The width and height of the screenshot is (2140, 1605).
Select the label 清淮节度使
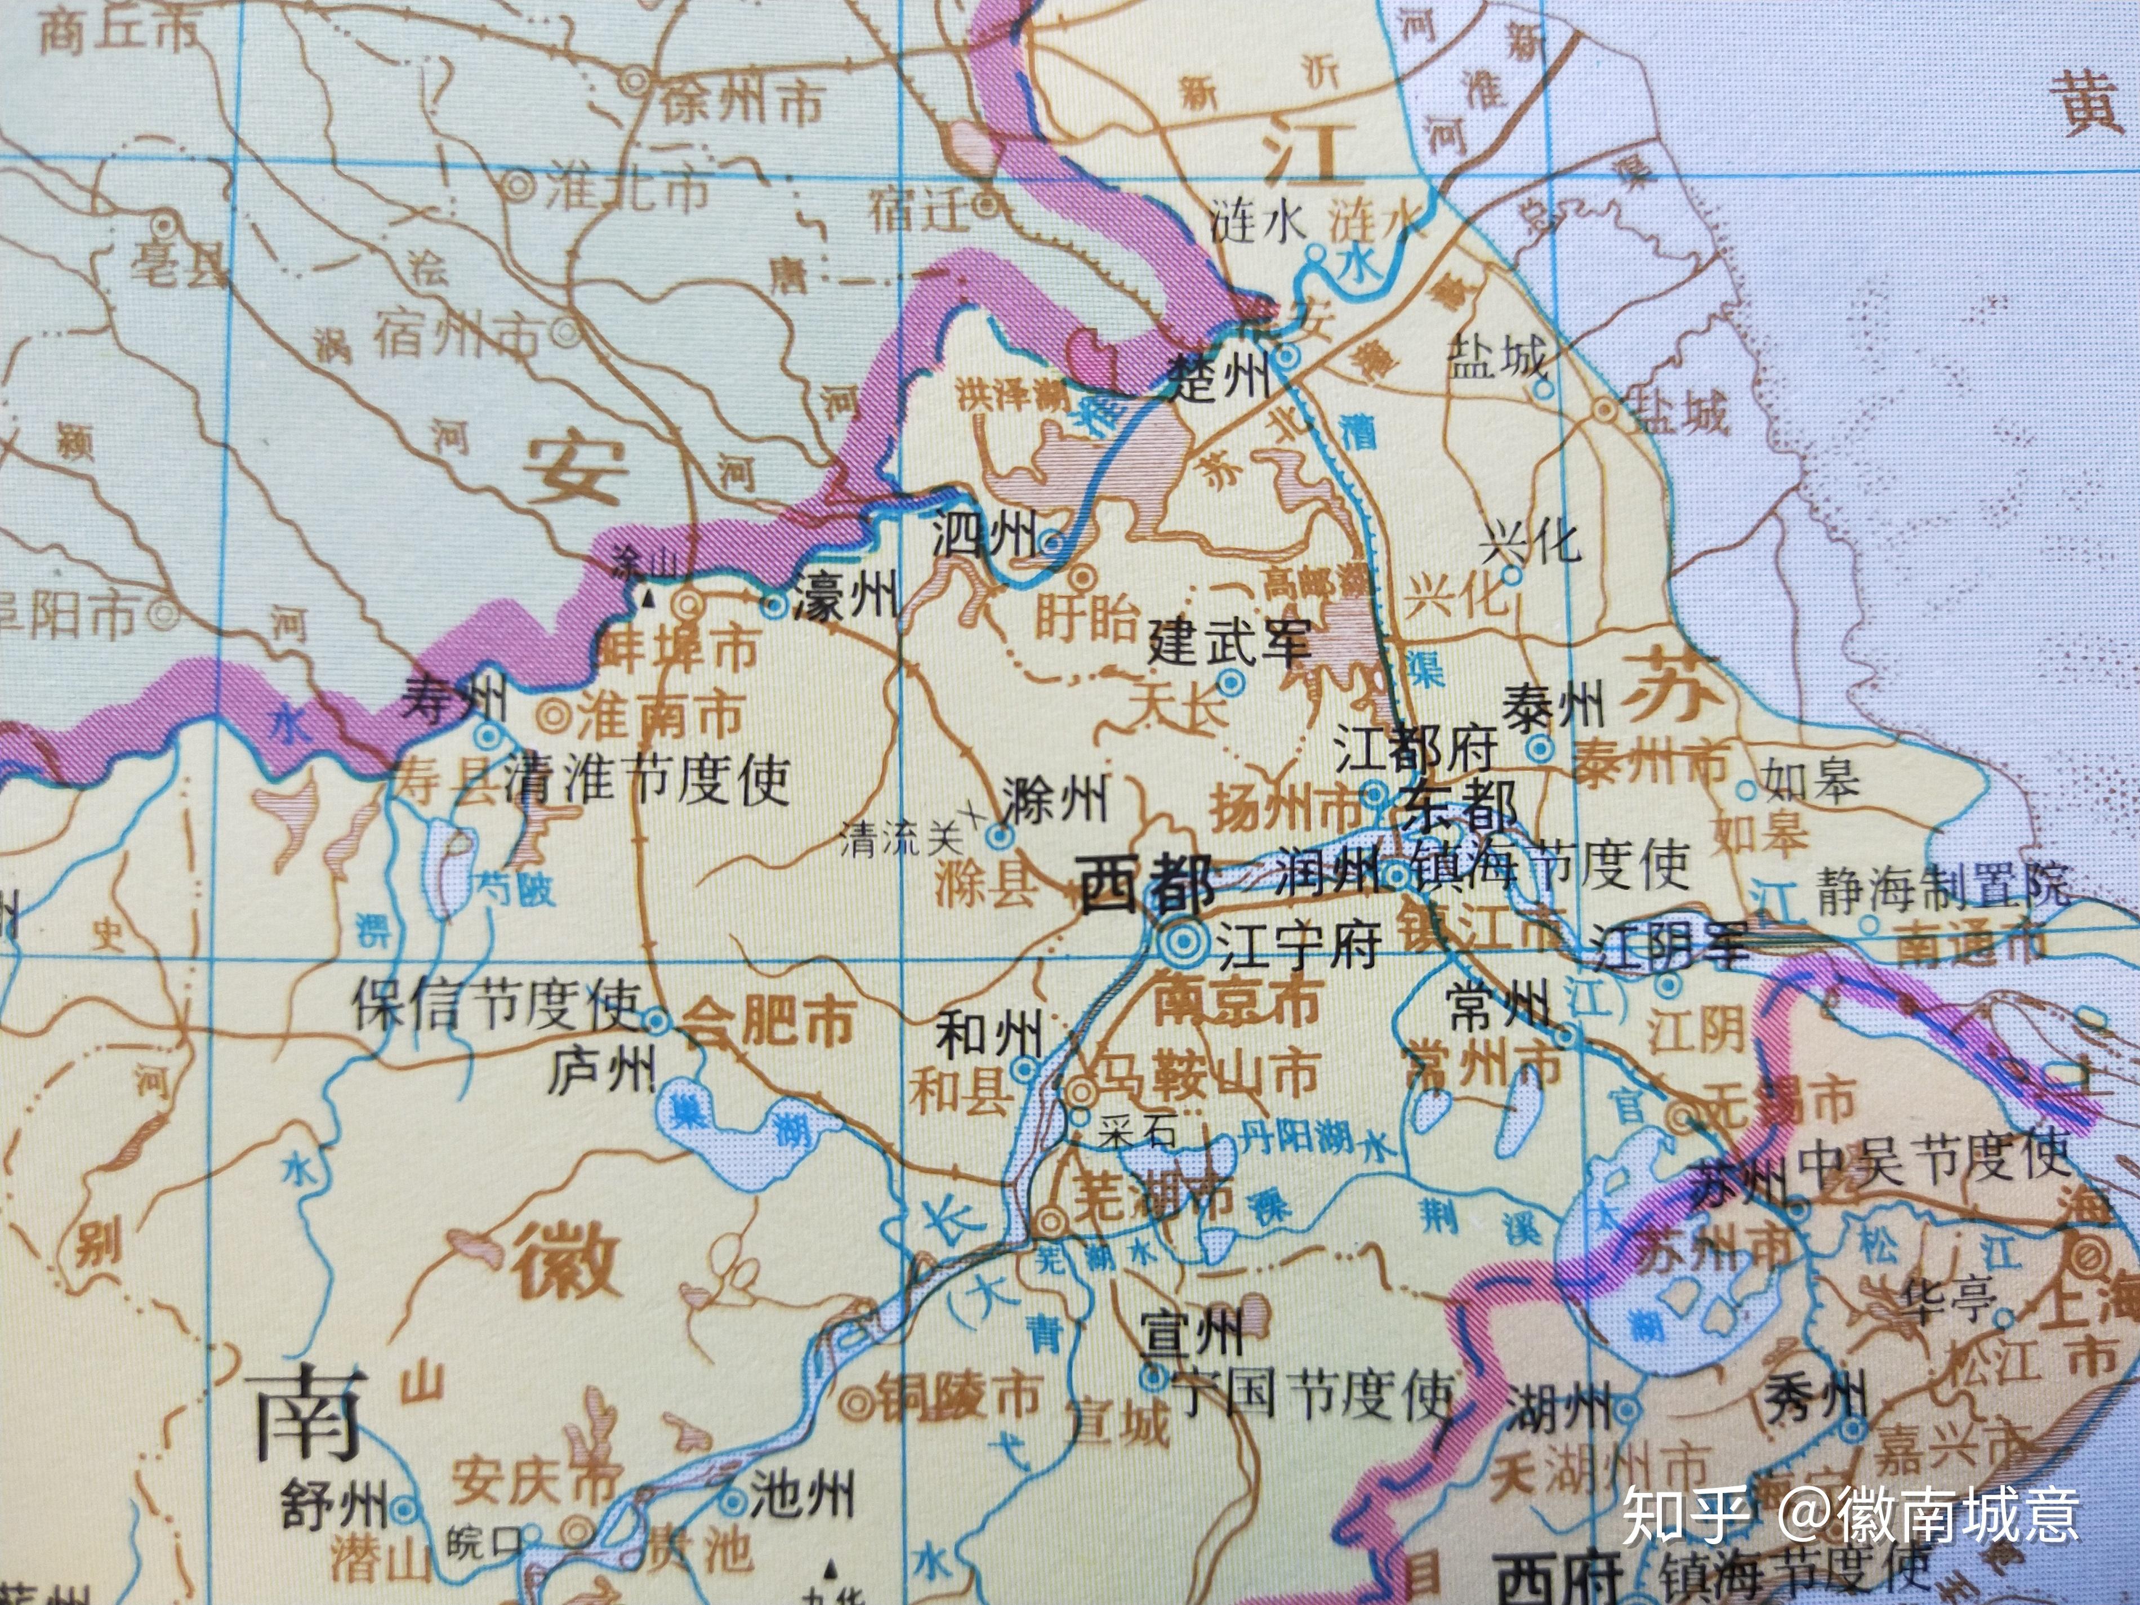[647, 781]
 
